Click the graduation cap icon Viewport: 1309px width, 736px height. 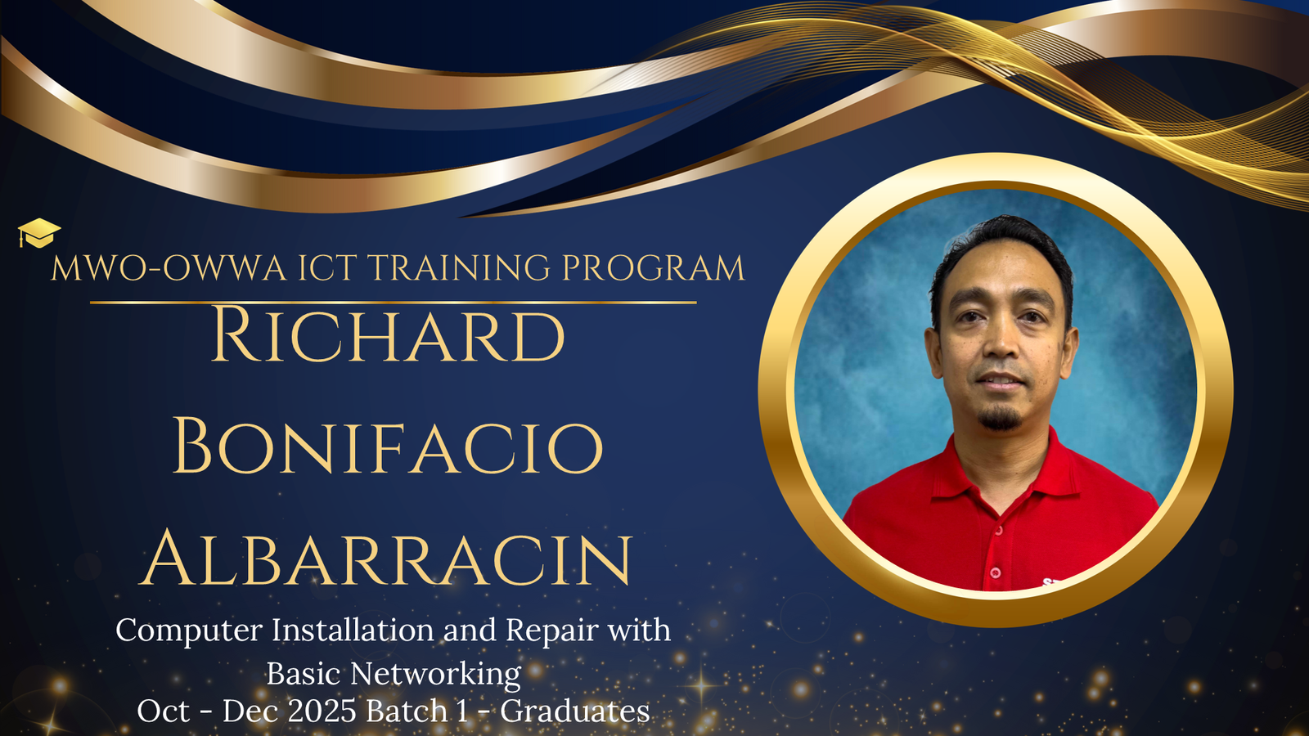coord(38,233)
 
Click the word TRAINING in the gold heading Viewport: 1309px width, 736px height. coord(458,267)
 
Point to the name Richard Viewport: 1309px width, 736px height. coord(388,334)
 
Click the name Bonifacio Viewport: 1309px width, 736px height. coord(388,445)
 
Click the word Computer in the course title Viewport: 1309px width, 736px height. coord(189,631)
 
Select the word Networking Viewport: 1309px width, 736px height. coord(435,675)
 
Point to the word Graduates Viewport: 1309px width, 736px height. coord(575,711)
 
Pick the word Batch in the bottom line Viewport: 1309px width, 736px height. coord(407,711)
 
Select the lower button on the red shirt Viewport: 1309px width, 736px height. coord(996,572)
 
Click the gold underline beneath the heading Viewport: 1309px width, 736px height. coord(394,303)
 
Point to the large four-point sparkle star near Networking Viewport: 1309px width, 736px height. coord(701,684)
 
